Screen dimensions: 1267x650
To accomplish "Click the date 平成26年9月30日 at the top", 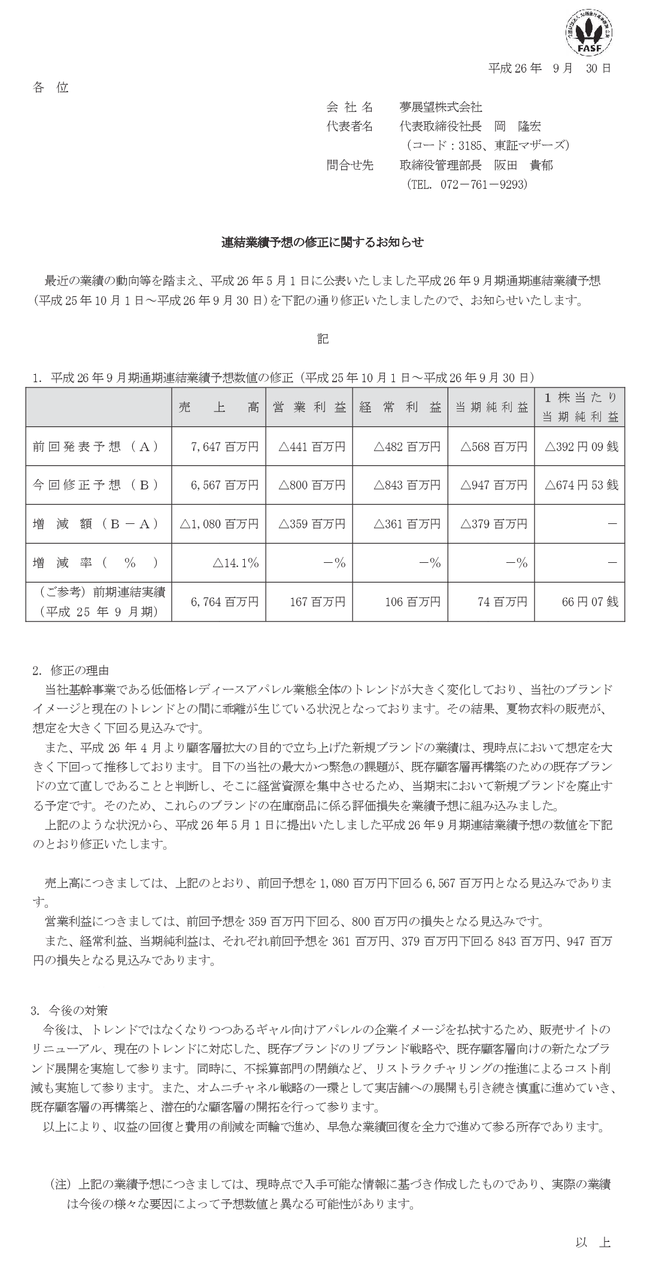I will [x=549, y=68].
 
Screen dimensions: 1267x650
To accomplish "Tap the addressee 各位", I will [x=51, y=88].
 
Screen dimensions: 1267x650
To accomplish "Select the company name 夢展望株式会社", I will [x=441, y=107].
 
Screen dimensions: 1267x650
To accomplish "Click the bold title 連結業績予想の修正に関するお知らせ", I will [x=323, y=243].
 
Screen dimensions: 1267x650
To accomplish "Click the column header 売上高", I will [x=218, y=408].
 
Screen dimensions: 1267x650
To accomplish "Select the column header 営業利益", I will [x=309, y=408].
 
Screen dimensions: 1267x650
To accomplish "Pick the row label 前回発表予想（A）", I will [x=96, y=446].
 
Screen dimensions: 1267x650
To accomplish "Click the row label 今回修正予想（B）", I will [x=96, y=484].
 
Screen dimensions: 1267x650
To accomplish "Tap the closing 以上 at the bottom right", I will [x=593, y=1242].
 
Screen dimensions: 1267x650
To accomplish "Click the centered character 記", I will [x=323, y=338].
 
